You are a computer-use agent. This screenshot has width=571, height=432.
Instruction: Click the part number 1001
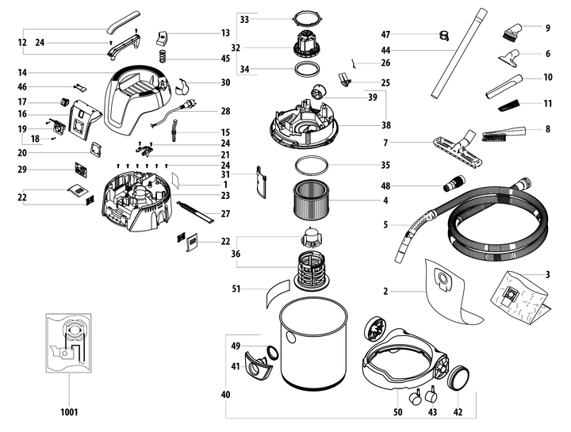tap(67, 412)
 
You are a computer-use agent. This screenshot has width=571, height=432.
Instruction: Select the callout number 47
tap(386, 34)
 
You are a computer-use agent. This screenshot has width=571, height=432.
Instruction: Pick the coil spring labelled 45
tap(162, 56)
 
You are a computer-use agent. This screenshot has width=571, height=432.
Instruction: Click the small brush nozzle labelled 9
tap(509, 34)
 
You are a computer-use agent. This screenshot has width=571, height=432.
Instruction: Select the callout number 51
tap(236, 289)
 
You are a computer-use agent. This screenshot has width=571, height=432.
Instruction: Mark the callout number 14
tap(22, 73)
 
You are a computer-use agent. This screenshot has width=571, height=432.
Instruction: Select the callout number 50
tap(397, 411)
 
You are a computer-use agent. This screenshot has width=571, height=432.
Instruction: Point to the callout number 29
tap(22, 170)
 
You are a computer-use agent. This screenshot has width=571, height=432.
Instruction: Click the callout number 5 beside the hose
tap(386, 225)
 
